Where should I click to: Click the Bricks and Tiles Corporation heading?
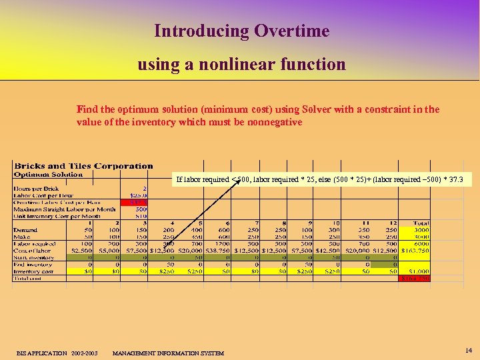point(83,166)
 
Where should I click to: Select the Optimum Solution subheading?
point(49,175)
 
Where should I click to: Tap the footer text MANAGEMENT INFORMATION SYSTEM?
point(169,353)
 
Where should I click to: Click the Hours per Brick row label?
point(37,189)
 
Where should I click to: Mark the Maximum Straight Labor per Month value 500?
point(141,209)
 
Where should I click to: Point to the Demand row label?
point(25,229)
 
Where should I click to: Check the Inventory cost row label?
point(34,271)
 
